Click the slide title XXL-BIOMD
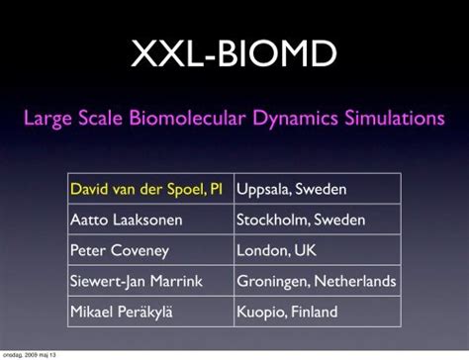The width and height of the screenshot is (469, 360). click(234, 53)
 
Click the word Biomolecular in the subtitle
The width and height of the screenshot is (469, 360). click(171, 120)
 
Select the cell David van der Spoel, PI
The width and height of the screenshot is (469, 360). click(149, 189)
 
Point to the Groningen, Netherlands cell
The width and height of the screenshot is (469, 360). click(317, 281)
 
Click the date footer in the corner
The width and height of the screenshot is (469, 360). click(29, 354)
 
